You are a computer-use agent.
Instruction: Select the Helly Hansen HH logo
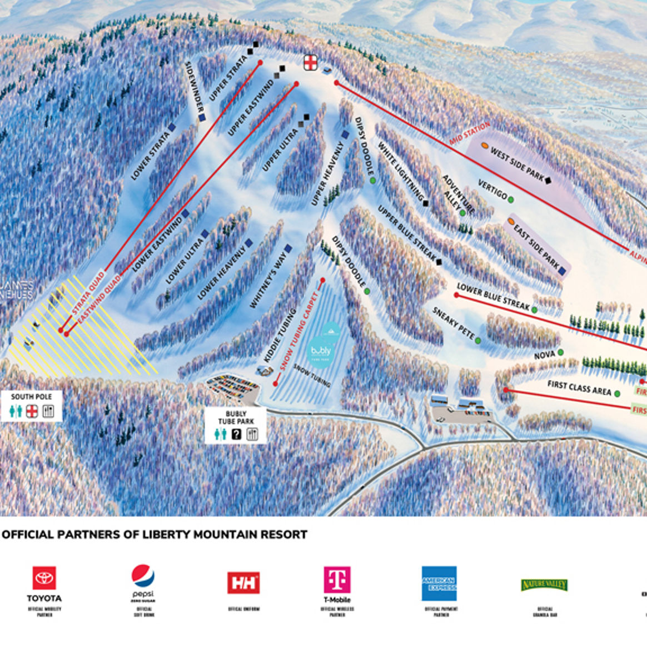[x=243, y=583]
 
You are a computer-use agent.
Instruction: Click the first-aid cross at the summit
[x=311, y=62]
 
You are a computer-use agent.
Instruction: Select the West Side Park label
[x=516, y=163]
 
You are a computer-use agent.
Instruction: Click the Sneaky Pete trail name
[x=453, y=323]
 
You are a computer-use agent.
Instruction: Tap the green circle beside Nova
[x=561, y=352]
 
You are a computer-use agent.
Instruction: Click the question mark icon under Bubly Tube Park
[x=236, y=435]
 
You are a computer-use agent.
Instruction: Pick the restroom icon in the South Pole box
[x=17, y=411]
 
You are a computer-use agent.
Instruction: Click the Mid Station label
[x=470, y=134]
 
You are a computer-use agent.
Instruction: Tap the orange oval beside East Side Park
[x=510, y=221]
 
